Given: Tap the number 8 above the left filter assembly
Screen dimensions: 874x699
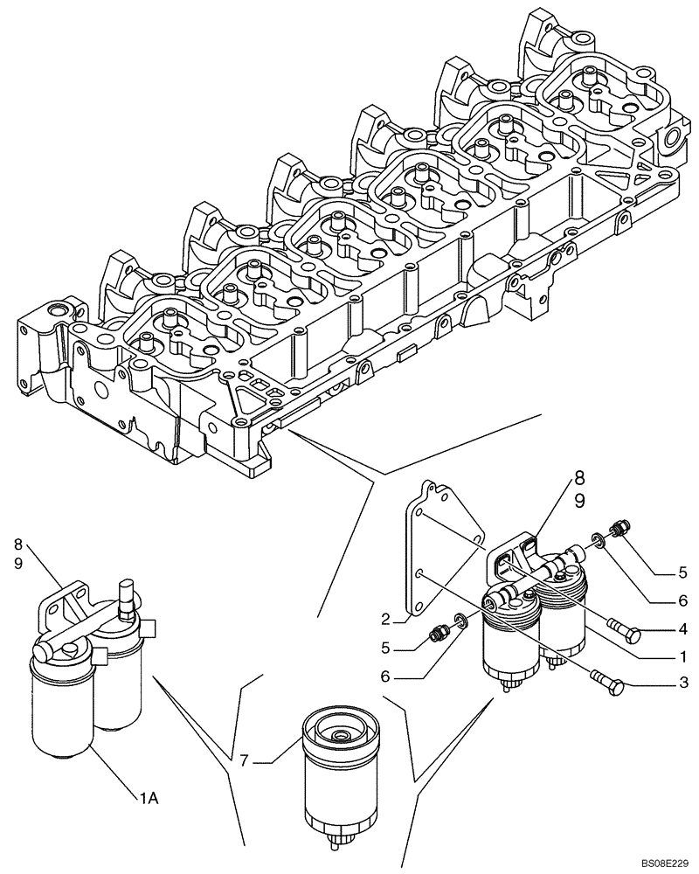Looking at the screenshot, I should pyautogui.click(x=17, y=544).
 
